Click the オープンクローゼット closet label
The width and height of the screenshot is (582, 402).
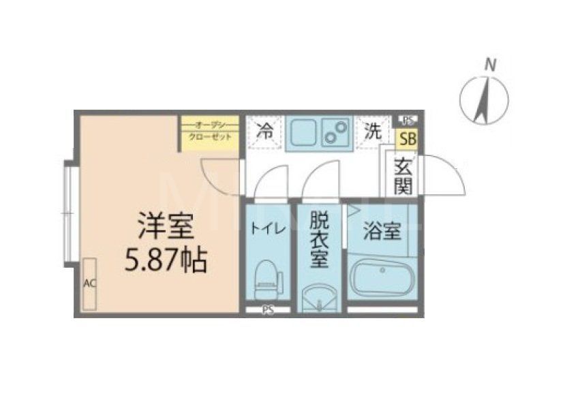pos(210,131)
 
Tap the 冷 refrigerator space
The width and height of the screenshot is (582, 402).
pos(264,132)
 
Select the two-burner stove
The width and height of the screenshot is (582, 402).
pos(335,134)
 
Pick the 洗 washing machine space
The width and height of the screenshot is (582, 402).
pos(371,132)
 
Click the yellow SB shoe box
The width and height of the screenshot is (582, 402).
pos(408,140)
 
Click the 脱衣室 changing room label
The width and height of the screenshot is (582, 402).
pos(318,238)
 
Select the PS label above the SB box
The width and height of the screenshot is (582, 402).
pos(408,120)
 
